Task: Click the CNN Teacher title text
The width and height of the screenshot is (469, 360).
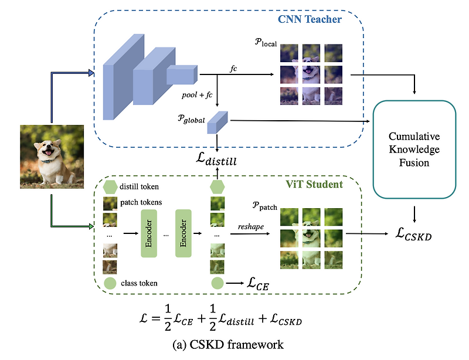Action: pos(310,19)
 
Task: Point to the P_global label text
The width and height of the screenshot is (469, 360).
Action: pos(189,120)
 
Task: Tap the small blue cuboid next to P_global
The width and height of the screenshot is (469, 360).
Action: pos(218,122)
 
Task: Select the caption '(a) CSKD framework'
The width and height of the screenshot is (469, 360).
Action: pos(234,344)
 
